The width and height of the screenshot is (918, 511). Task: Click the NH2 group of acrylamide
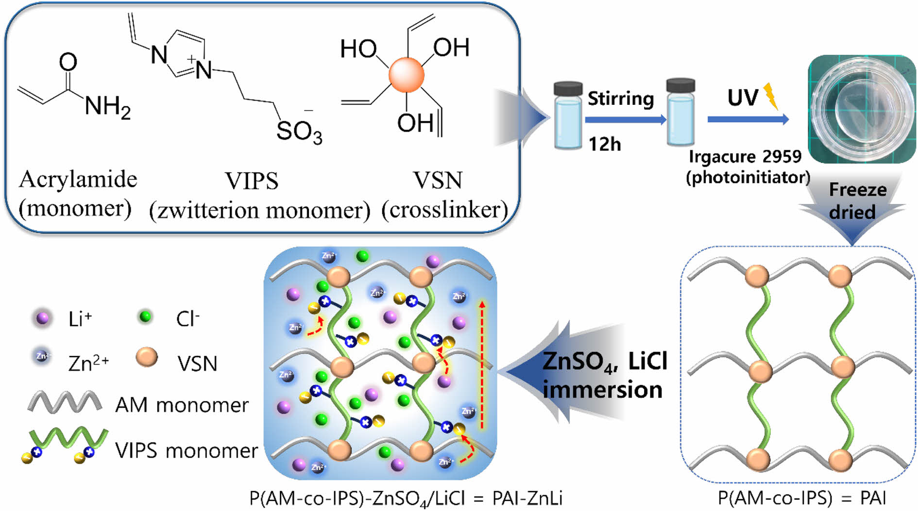[107, 106]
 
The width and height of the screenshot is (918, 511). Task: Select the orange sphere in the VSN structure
[407, 75]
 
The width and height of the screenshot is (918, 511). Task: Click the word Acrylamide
[78, 180]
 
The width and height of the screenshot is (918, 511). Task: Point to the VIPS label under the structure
[252, 181]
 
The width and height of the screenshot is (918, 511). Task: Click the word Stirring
[621, 99]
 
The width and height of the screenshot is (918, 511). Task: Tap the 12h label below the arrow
[604, 144]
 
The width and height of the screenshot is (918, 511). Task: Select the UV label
[742, 98]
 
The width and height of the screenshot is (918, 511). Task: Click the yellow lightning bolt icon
[771, 96]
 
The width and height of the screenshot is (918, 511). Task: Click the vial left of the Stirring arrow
[568, 116]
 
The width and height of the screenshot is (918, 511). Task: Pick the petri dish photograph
[862, 109]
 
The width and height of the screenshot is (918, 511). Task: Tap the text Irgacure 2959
[745, 157]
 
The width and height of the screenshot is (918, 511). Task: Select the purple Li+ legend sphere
[43, 318]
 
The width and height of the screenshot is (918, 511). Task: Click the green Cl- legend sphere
[145, 317]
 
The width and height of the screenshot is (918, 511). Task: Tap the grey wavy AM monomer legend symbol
[65, 402]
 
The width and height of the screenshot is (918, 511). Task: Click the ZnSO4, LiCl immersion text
[604, 375]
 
